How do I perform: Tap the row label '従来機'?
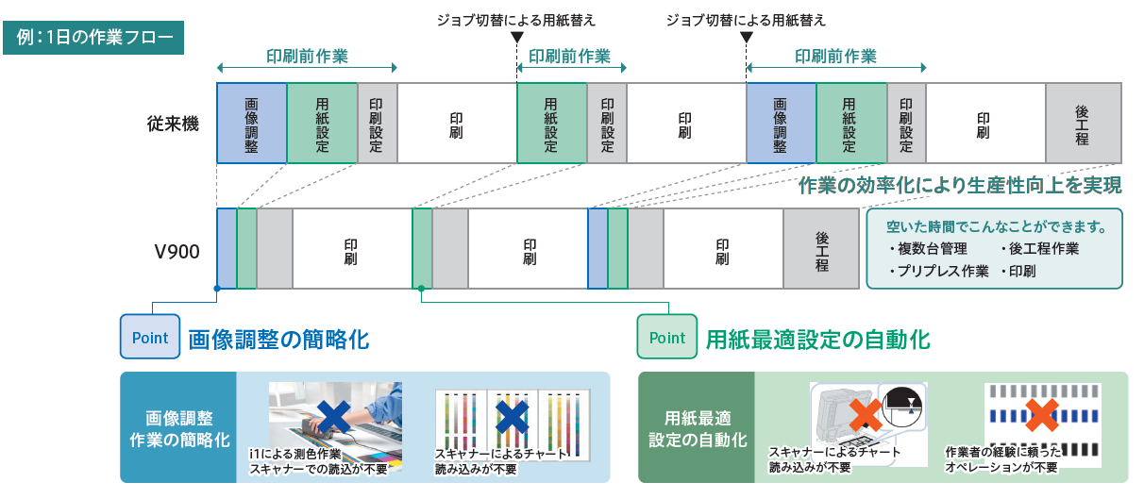(x=173, y=124)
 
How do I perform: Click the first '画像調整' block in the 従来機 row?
(x=251, y=124)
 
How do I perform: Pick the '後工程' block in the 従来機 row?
(x=1082, y=124)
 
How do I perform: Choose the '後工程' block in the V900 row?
(x=821, y=250)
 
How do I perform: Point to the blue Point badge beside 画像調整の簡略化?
(x=149, y=338)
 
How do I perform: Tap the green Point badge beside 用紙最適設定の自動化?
(x=667, y=338)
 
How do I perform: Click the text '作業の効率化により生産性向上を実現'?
(x=960, y=185)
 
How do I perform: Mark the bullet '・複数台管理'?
(x=928, y=249)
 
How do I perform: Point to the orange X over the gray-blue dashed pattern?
(x=1040, y=415)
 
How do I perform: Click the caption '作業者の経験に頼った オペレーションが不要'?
(x=1003, y=459)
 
